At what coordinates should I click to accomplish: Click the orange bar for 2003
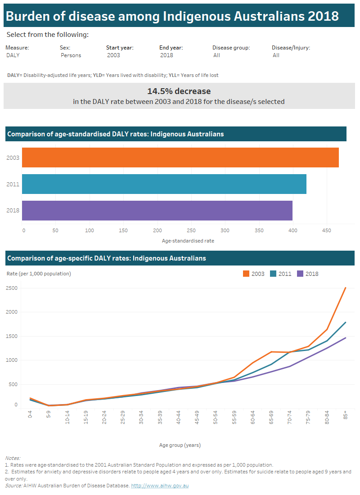pos(180,157)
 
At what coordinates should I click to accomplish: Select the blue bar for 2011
pos(164,184)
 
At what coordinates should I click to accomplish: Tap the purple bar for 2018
pos(157,211)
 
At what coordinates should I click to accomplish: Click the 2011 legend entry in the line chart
pos(281,274)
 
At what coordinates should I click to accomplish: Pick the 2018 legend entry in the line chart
pos(308,274)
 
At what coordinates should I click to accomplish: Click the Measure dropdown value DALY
pos(13,55)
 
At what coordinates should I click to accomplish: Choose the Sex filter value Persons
pos(71,55)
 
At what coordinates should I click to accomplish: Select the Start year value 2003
pos(113,55)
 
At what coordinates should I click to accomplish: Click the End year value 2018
pos(166,55)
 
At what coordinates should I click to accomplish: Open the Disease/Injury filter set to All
pos(276,55)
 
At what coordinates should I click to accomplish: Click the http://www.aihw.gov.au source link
pos(160,486)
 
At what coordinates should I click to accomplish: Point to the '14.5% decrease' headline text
pos(179,91)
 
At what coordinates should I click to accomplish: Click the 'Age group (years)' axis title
pos(180,445)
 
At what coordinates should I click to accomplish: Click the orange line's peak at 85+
pos(345,288)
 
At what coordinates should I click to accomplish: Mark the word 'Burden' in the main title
pos(27,17)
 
